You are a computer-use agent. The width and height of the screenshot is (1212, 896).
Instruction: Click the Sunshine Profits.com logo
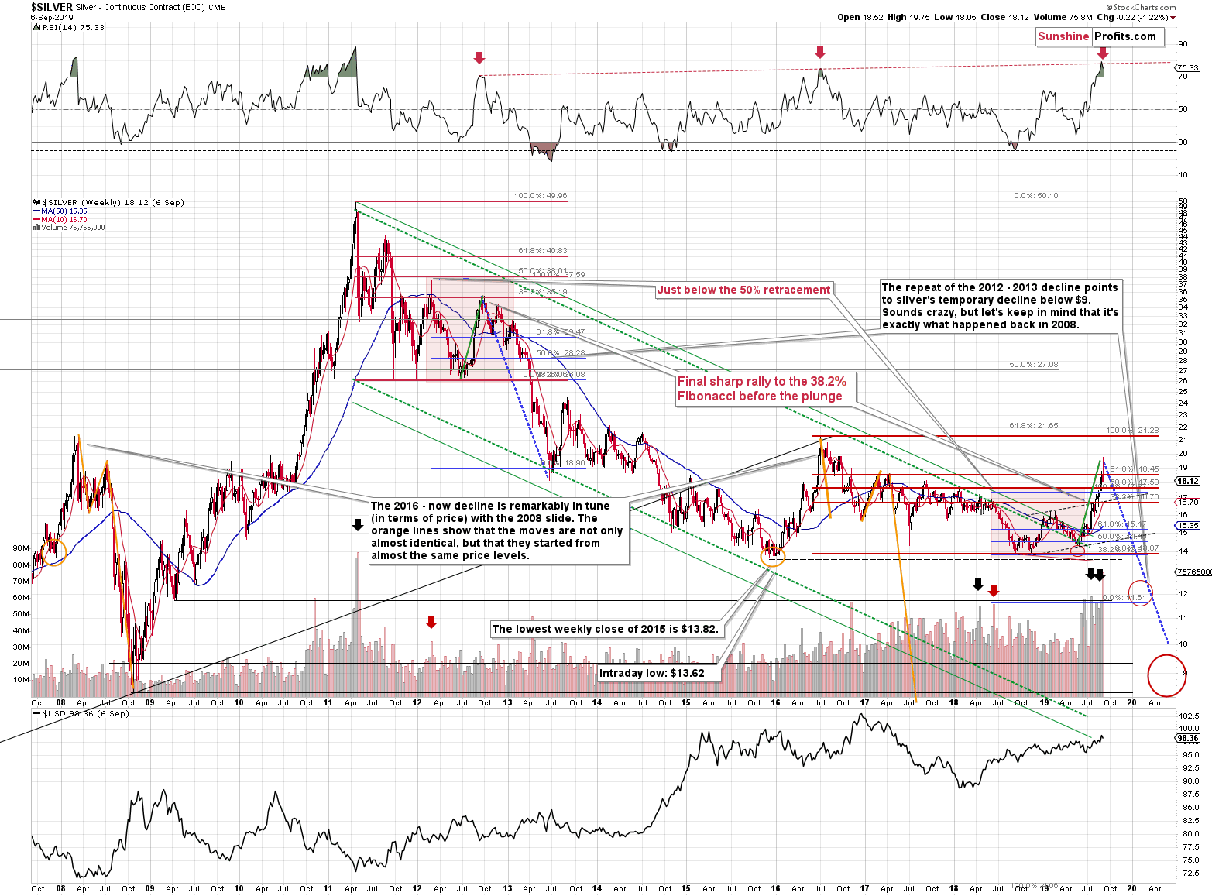pos(1097,36)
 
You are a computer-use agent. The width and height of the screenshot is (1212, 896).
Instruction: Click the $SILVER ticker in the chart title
pos(52,7)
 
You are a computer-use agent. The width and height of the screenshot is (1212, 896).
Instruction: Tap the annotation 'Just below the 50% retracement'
pos(743,290)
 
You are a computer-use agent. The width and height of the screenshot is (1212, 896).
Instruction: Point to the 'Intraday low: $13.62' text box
pos(651,673)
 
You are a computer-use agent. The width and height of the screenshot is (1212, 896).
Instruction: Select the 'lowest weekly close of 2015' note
pos(606,629)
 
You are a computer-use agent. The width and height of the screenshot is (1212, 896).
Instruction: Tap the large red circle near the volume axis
pos(1166,675)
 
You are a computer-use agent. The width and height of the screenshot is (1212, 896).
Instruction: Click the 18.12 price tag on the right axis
pos(1188,481)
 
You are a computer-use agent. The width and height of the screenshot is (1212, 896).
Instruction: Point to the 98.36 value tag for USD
pos(1188,739)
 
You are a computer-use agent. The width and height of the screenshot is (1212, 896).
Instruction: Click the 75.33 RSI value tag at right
pos(1188,68)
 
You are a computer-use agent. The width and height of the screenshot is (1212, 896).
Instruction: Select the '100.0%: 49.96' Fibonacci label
pos(541,196)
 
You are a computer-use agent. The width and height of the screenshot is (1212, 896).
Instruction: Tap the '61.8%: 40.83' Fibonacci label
pos(542,251)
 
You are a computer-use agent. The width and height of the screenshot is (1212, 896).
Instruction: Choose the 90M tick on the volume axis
pos(21,548)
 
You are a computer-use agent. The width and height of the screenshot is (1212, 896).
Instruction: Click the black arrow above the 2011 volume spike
pos(357,525)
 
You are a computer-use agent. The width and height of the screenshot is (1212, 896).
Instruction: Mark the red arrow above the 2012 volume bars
pos(431,622)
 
